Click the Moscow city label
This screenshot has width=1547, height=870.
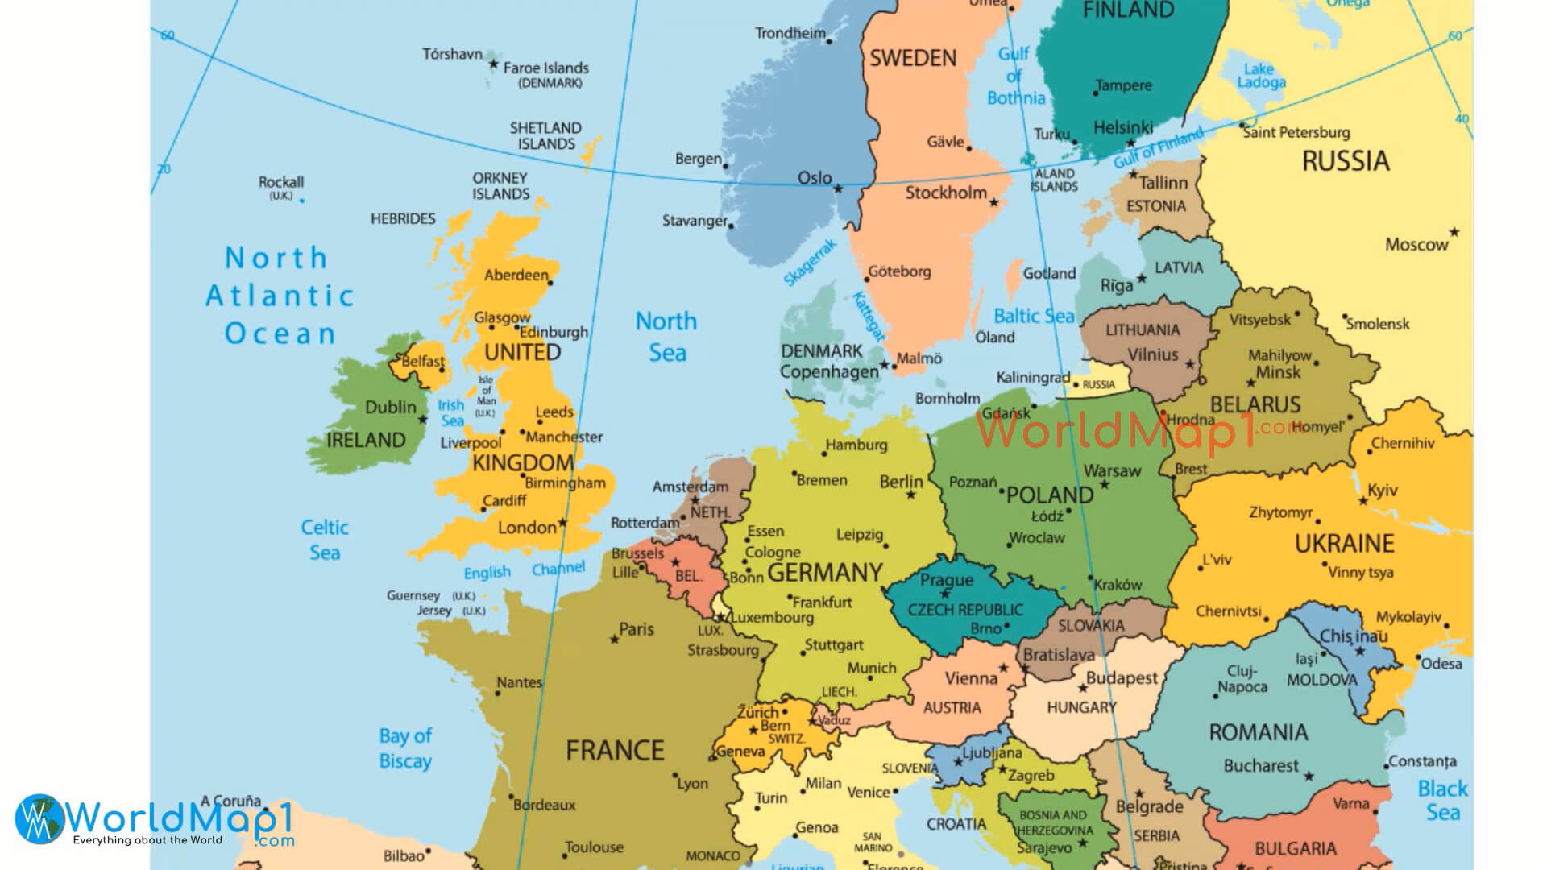[x=1416, y=244]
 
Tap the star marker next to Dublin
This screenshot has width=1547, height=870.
[x=422, y=420]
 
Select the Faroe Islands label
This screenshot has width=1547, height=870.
[x=545, y=68]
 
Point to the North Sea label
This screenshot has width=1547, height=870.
[x=666, y=337]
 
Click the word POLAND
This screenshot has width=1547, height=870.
[x=1049, y=495]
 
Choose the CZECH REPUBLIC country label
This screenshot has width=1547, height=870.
[x=965, y=610]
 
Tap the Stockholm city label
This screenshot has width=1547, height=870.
[x=945, y=193]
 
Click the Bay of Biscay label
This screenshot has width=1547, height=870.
[x=405, y=748]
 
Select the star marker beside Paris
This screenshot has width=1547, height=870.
[x=615, y=640]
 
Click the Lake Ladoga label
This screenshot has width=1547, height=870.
[x=1261, y=76]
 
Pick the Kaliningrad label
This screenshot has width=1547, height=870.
[x=1032, y=377]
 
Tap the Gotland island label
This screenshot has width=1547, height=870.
[x=1048, y=273]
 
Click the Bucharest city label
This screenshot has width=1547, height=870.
[x=1260, y=765]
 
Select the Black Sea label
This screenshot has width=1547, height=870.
[x=1442, y=800]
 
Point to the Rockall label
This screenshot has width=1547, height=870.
[x=280, y=182]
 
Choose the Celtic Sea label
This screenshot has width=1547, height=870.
[x=325, y=540]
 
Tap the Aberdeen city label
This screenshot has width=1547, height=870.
[x=516, y=275]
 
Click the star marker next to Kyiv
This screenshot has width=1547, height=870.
[x=1362, y=501]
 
